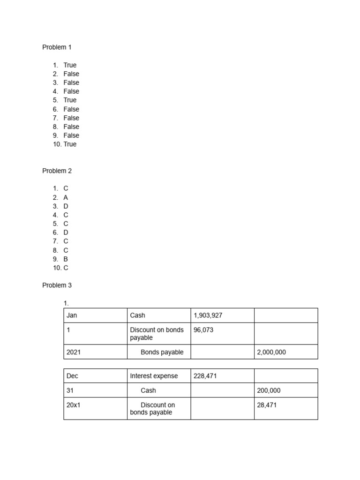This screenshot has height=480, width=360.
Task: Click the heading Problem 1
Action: (57, 47)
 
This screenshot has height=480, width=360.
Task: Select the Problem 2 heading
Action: (57, 171)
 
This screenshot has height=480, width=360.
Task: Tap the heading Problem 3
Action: (57, 285)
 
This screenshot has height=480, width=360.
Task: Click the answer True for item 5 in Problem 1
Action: (70, 100)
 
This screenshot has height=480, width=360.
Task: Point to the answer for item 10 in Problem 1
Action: (70, 144)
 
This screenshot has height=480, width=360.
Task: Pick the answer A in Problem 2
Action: (66, 198)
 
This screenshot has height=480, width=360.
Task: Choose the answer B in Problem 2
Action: (66, 259)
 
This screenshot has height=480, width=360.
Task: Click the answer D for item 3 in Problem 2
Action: (66, 206)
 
